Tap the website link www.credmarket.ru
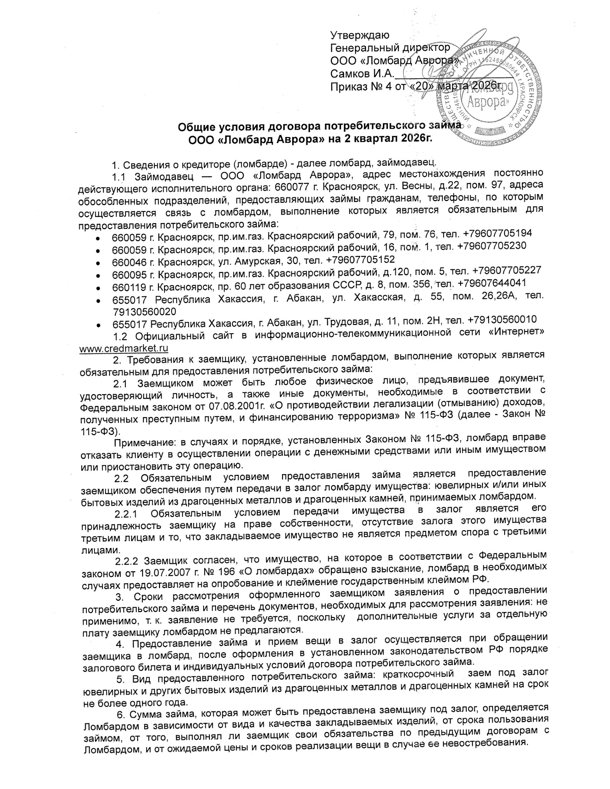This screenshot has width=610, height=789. pyautogui.click(x=124, y=348)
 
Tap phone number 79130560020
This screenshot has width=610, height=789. pyautogui.click(x=145, y=311)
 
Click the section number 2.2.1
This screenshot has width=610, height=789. pyautogui.click(x=128, y=514)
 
